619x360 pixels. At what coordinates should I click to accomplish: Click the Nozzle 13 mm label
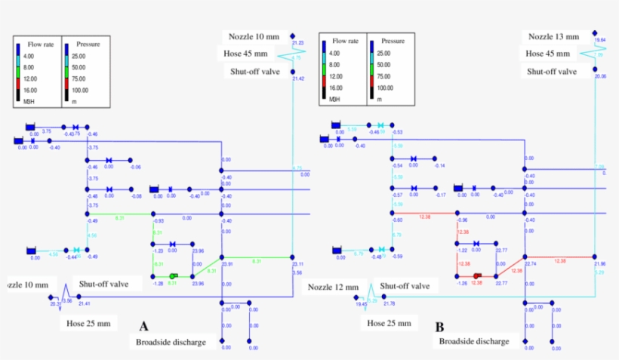click(553, 36)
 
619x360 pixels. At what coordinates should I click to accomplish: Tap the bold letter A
click(143, 326)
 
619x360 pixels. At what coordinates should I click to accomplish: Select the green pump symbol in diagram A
click(174, 276)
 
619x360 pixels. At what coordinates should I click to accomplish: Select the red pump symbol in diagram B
click(477, 276)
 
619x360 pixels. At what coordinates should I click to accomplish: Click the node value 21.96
click(600, 264)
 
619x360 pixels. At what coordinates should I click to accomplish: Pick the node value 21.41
click(85, 303)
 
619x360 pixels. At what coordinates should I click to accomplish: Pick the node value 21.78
click(389, 303)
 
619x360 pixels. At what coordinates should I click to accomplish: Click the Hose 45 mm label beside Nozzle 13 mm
click(552, 54)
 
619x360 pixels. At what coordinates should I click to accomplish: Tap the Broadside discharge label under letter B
click(474, 342)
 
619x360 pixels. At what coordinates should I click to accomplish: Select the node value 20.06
click(600, 76)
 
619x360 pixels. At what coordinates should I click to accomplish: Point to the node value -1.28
click(159, 284)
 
